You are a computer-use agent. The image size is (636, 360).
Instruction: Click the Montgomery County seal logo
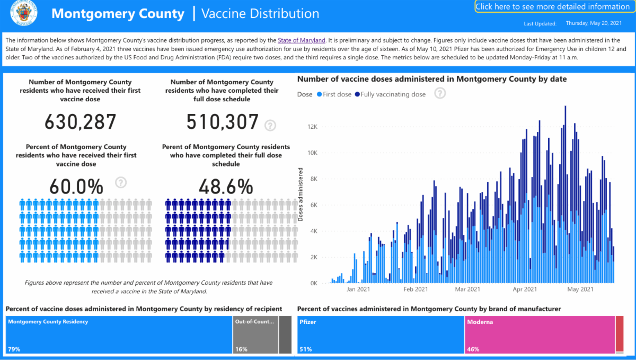point(22,14)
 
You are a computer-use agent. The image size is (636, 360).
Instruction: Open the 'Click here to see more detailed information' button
point(552,7)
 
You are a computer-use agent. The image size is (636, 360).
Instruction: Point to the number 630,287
point(80,121)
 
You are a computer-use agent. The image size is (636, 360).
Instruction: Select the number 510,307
point(222,121)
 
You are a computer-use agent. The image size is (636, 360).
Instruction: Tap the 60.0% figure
point(76,187)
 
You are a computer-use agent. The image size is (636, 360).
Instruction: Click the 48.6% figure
point(225,187)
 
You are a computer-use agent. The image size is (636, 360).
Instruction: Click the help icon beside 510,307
point(270,125)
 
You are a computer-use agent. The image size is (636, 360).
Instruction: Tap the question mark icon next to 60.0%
point(121,182)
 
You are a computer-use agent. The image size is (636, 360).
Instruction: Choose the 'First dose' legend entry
point(334,94)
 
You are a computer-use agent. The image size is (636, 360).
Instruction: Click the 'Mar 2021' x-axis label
point(467,289)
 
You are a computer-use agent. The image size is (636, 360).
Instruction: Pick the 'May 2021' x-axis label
point(580,289)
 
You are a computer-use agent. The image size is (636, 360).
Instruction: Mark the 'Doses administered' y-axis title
point(301,194)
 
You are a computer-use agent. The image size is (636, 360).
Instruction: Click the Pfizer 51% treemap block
point(381,335)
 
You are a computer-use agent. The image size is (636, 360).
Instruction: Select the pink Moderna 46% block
point(540,335)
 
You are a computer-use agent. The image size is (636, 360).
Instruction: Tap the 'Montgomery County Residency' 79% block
point(119,335)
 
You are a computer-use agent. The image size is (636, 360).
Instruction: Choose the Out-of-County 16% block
point(255,335)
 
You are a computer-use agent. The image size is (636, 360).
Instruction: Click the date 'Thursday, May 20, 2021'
point(594,23)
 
